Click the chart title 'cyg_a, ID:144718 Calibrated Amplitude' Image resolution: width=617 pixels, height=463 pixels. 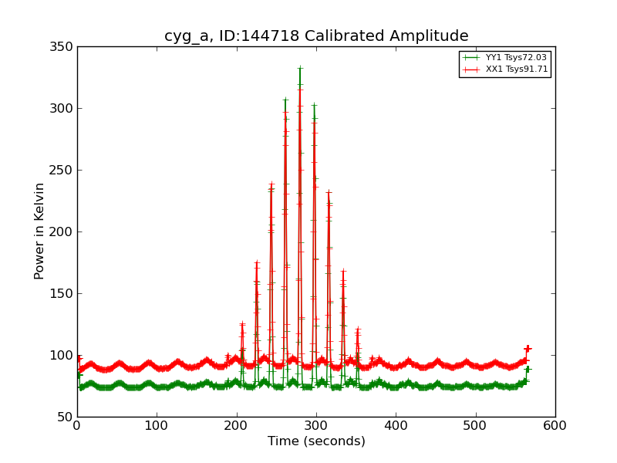click(316, 36)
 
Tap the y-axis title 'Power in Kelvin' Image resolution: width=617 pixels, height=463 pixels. click(39, 231)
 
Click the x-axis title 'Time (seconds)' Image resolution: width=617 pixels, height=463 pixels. click(316, 441)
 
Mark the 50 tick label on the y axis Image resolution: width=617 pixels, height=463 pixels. click(65, 417)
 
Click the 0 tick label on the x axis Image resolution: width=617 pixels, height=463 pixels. click(77, 426)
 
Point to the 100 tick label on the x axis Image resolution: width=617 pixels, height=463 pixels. click(157, 426)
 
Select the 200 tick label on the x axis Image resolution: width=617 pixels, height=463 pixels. click(237, 426)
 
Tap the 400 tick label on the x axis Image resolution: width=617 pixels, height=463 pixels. click(396, 426)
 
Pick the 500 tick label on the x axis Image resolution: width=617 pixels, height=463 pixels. click(476, 426)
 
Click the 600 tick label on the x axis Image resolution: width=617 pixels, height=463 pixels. click(555, 426)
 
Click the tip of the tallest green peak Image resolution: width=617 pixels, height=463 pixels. click(300, 69)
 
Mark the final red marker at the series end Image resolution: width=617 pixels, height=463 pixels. click(528, 349)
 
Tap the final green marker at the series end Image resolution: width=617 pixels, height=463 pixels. click(528, 369)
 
